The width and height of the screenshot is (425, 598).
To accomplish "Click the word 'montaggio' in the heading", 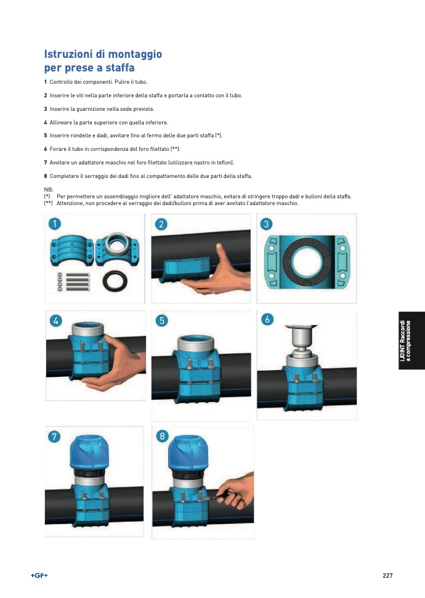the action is pos(135,55).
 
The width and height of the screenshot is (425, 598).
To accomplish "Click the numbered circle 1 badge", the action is pos(55,224).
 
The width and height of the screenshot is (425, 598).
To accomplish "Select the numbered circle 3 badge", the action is pos(266,224).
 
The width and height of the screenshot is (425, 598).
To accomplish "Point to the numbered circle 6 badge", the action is pos(267,319).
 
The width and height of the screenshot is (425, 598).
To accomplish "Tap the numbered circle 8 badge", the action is pos(162,435).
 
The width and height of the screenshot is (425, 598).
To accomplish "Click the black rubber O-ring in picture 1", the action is pos(115,281).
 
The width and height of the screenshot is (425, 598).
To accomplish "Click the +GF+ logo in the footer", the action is pos(39,575).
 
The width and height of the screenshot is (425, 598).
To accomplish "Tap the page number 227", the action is pos(387,575).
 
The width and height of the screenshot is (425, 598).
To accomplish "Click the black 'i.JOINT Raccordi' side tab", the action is pos(411,341).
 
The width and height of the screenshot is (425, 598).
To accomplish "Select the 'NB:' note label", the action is pos(49,190).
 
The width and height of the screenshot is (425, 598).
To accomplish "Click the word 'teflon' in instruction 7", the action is pos(225,163).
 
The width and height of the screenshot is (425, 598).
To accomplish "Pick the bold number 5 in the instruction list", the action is pos(46,135).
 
